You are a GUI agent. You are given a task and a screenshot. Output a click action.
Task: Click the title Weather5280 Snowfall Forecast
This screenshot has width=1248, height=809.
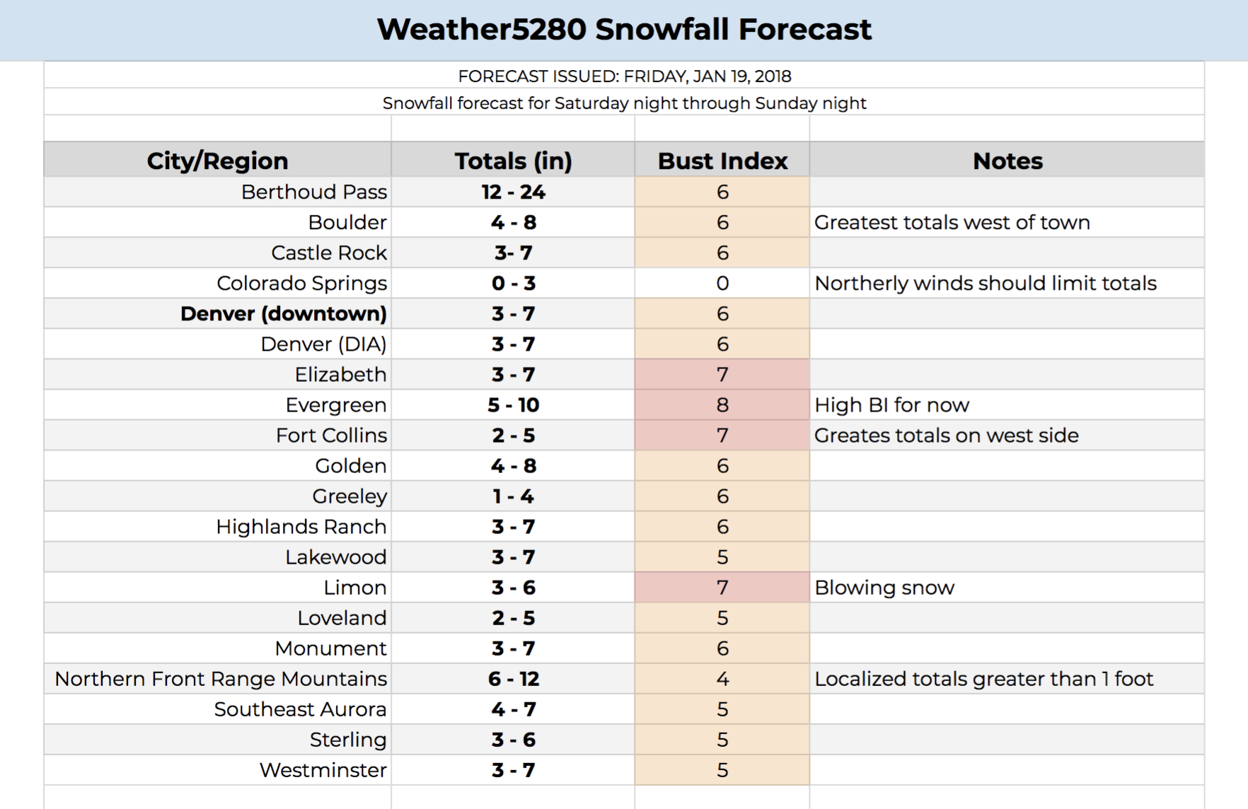point(624,30)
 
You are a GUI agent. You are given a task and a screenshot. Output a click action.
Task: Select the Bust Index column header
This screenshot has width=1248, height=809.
point(722,161)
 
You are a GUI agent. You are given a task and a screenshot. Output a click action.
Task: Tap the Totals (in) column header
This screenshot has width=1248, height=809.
point(513,161)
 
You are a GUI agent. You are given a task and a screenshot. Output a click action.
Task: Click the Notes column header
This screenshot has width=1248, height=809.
point(1007,161)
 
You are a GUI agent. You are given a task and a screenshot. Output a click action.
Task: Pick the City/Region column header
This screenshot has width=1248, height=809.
point(217,161)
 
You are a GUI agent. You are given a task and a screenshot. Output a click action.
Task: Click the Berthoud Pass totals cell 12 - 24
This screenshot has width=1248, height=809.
point(513,192)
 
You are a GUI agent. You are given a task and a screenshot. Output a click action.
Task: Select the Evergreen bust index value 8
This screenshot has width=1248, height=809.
point(722,405)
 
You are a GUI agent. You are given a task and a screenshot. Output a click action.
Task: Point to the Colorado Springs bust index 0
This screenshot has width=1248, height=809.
point(722,284)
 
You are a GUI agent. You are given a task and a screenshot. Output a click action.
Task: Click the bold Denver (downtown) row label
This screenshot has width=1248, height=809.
point(284,314)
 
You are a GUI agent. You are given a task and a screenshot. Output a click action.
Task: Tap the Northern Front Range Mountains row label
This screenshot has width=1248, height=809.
point(221,679)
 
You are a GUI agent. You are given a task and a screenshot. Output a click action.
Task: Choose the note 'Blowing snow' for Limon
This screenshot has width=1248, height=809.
point(884,588)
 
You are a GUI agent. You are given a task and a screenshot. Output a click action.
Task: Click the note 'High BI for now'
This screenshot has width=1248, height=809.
point(891,405)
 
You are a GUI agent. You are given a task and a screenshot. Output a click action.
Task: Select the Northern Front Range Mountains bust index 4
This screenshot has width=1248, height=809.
point(722,679)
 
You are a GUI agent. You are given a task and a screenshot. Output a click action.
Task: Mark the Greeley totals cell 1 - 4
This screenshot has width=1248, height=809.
point(513,496)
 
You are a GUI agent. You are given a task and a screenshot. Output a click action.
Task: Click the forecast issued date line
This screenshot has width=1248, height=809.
point(624,76)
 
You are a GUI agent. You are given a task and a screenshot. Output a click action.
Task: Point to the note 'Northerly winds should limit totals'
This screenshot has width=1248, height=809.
point(986,284)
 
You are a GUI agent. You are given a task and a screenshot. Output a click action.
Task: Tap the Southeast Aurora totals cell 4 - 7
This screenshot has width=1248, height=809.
point(513,709)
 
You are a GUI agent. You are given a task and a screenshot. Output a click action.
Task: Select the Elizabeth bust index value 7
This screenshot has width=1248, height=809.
point(722,375)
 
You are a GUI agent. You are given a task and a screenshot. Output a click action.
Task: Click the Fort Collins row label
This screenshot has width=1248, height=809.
point(332,436)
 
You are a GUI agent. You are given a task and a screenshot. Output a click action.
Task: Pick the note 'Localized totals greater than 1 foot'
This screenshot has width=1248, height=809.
point(983,679)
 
